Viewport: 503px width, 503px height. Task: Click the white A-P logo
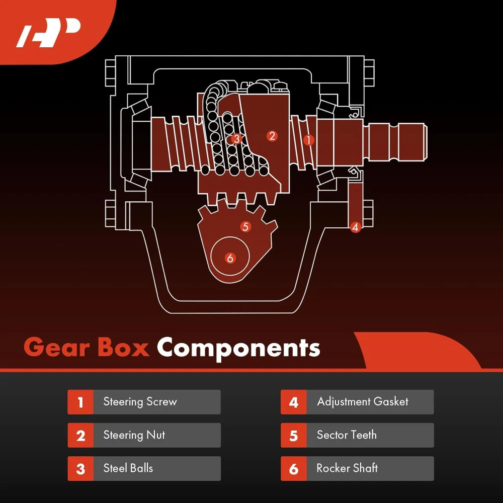[48, 33]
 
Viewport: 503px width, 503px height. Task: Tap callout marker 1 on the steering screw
[309, 140]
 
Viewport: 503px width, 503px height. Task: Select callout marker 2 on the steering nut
[272, 136]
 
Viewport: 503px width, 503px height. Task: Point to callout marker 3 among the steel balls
[236, 139]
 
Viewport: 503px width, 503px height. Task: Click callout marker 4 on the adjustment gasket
[355, 227]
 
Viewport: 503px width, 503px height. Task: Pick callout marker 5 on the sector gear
[245, 227]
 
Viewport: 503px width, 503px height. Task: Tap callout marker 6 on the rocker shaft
[230, 258]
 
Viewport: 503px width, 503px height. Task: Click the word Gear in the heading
[56, 348]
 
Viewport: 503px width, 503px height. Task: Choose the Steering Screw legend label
[140, 401]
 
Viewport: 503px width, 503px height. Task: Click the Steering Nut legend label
[134, 435]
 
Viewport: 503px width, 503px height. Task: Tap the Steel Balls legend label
[128, 468]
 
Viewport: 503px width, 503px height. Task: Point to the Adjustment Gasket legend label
[363, 401]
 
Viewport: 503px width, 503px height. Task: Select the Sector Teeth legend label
[347, 435]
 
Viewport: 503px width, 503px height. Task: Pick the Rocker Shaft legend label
[347, 468]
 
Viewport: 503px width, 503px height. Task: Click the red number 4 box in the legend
[294, 402]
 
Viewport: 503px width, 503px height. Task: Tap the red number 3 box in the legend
[80, 468]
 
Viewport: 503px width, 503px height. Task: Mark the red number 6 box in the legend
[294, 468]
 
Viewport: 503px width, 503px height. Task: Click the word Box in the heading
[124, 348]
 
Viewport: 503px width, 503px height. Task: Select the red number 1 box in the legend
[80, 402]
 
